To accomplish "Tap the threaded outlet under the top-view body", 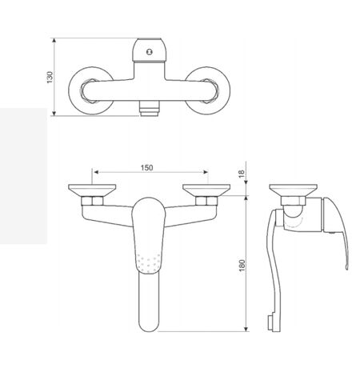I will click(149, 107).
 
